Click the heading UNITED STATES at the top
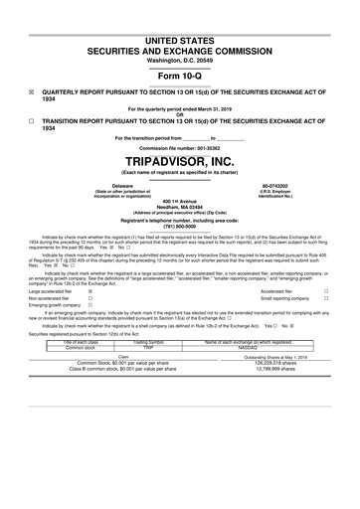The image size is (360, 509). [x=179, y=38]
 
